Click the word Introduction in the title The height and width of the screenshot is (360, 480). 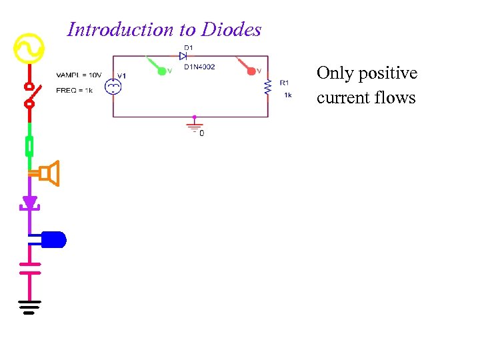pos(111,29)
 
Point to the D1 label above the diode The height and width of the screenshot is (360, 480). pos(189,47)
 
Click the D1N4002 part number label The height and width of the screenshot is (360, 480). pos(199,66)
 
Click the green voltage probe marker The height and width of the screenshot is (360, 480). pos(161,69)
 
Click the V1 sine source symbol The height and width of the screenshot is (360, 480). pos(113,85)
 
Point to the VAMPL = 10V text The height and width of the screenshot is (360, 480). pos(79,75)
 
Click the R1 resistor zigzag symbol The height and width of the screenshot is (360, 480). pos(268,87)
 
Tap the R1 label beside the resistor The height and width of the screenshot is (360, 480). pos(284,83)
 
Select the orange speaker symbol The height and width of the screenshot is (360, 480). pos(50,174)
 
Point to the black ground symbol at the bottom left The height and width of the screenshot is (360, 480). pos(29,307)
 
